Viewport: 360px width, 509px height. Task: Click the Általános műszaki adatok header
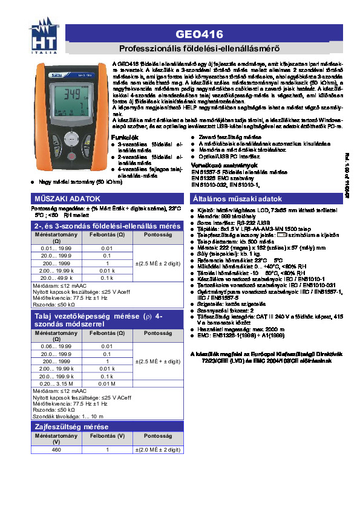(x=237, y=199)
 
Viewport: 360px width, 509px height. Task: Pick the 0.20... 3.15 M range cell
(x=56, y=384)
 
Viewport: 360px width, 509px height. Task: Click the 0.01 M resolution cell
(x=107, y=384)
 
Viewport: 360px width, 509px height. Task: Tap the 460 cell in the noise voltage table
(x=56, y=450)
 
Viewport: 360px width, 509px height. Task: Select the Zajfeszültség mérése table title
(x=71, y=427)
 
